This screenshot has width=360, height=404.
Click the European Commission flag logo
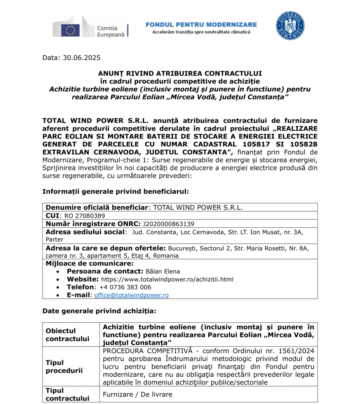click(x=70, y=28)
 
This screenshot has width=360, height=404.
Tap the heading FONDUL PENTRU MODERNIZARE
click(x=201, y=24)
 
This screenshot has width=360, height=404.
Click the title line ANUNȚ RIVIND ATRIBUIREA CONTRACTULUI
click(x=180, y=73)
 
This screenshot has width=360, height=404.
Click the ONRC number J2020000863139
click(x=168, y=224)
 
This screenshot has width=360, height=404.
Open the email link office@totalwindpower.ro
click(x=131, y=295)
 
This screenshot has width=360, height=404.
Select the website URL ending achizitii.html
click(x=167, y=279)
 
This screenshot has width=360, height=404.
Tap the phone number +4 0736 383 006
click(x=125, y=287)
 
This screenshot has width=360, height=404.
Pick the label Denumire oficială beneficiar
click(x=97, y=207)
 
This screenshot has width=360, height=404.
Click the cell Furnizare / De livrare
click(x=138, y=394)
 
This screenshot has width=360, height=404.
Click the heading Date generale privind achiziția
click(x=99, y=311)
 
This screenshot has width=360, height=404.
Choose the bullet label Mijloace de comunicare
click(x=90, y=263)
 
